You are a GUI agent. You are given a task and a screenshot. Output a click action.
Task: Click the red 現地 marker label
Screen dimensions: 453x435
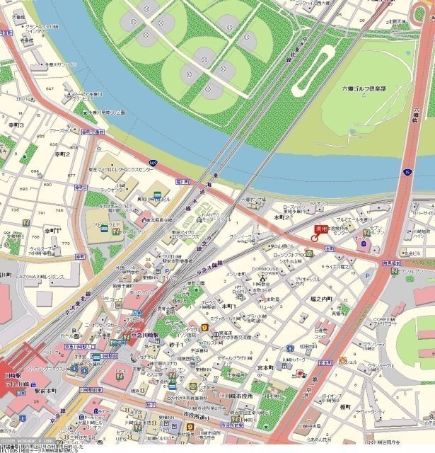point(322,229)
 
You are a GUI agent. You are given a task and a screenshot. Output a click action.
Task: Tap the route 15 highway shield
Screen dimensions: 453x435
point(407,172)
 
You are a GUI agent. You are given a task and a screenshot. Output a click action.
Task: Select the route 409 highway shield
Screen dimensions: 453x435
point(153,162)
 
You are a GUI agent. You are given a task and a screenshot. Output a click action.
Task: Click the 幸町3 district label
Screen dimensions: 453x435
point(15,125)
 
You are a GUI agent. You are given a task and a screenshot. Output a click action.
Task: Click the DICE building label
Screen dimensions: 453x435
point(121,371)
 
